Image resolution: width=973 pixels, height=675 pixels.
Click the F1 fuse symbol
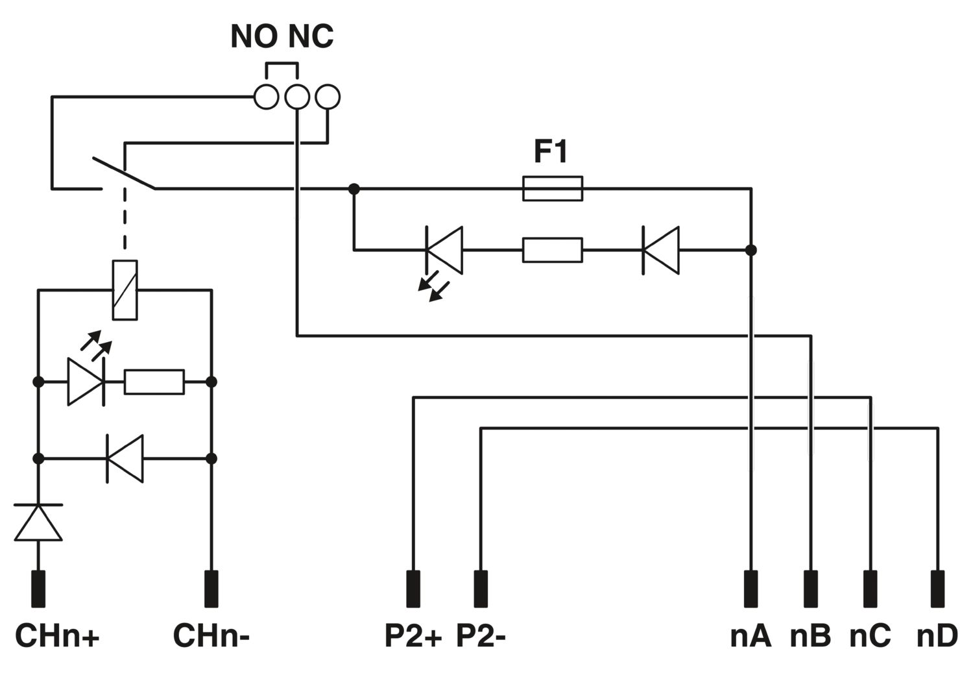tap(553, 189)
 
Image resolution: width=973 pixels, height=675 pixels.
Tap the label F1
tap(551, 152)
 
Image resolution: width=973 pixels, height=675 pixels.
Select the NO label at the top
tap(254, 36)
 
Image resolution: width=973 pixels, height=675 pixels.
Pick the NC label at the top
tap(311, 36)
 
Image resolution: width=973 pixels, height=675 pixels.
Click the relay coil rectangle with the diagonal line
tap(125, 290)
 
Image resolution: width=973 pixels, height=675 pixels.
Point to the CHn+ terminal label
tap(57, 636)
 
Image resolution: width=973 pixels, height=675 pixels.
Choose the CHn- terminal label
tap(211, 636)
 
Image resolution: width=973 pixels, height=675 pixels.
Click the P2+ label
tap(413, 636)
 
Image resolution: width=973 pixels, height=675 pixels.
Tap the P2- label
tap(481, 636)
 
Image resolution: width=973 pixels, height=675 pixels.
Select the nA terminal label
tap(751, 636)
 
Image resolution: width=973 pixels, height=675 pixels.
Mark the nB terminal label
tap(811, 636)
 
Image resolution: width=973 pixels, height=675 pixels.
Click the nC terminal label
tap(870, 636)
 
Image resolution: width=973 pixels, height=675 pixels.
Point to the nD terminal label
tap(937, 636)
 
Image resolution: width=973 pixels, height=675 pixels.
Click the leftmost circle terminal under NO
tap(266, 97)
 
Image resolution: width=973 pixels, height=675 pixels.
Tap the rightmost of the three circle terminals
tap(328, 97)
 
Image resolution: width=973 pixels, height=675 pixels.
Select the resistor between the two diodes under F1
tap(553, 250)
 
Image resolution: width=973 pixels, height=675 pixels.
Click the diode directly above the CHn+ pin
tap(38, 522)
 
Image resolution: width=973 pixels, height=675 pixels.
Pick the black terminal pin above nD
tap(938, 589)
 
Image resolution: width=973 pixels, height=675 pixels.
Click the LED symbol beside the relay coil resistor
tap(86, 382)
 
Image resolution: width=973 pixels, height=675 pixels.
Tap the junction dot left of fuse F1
tap(354, 189)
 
